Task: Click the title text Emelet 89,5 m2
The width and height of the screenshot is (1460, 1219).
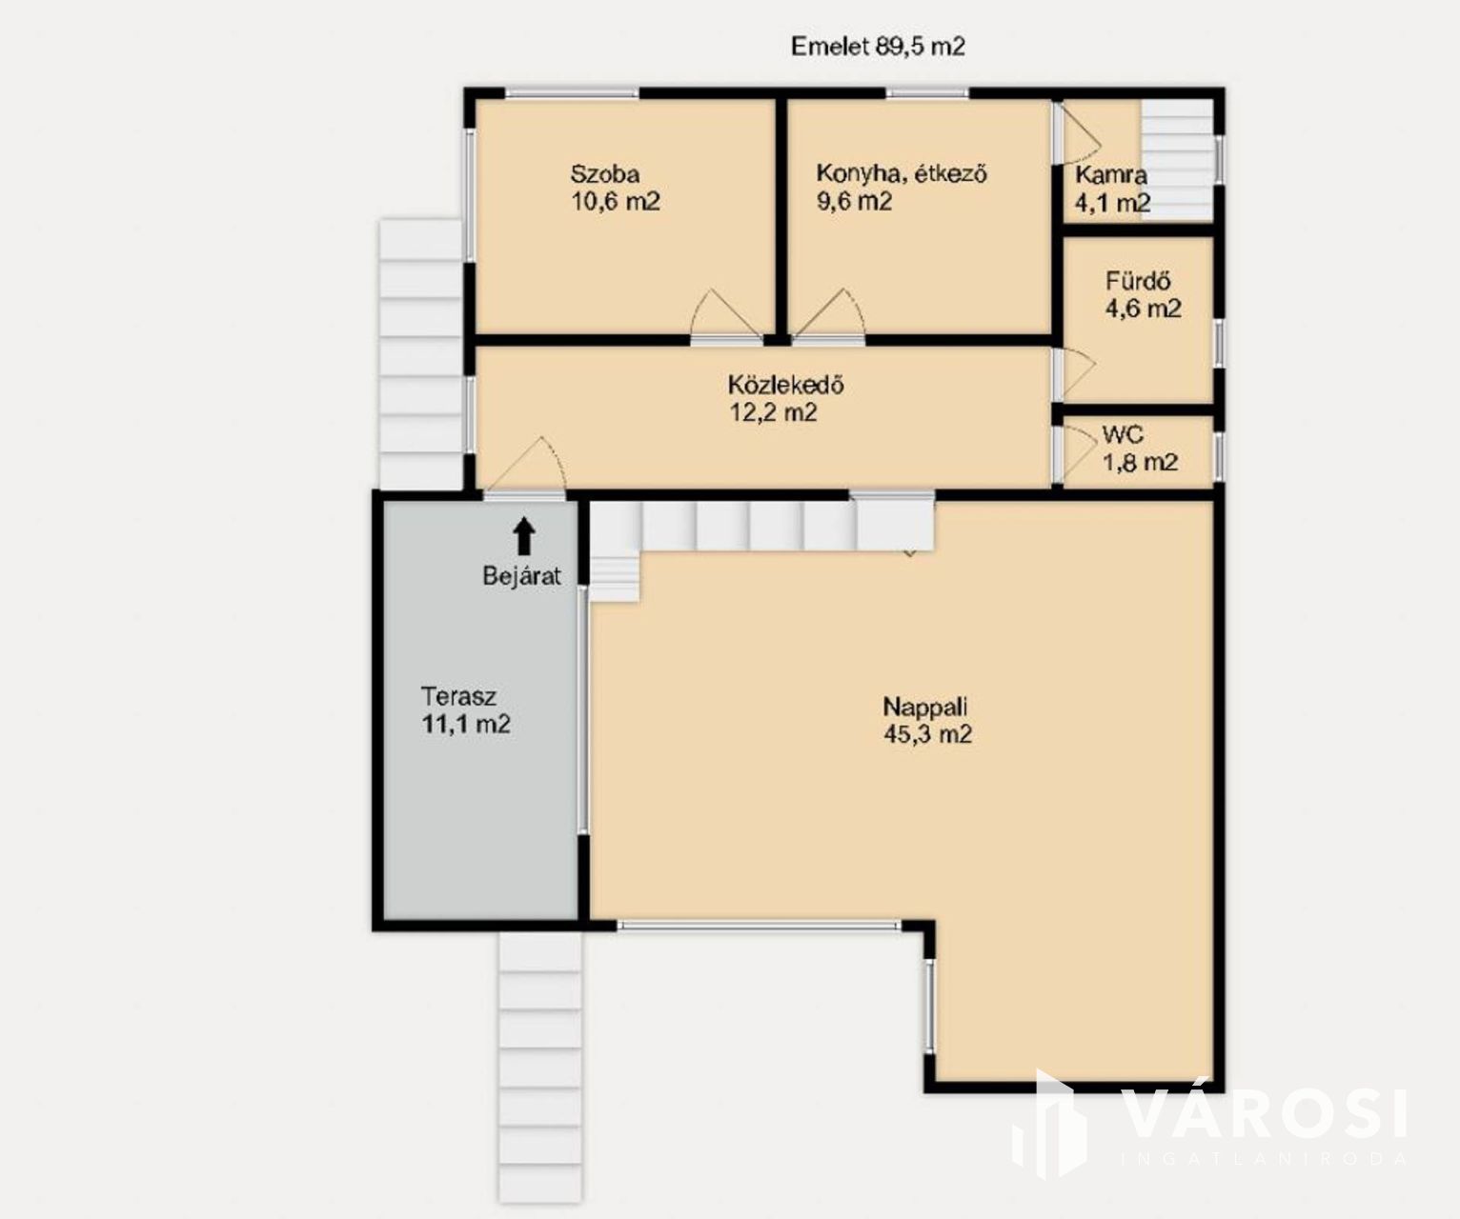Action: (878, 47)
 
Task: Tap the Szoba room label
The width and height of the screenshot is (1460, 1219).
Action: (605, 173)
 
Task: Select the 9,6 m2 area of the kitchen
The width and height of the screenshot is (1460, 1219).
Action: (855, 201)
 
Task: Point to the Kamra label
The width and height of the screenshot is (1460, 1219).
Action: (1111, 174)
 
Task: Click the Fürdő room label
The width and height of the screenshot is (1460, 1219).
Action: (1138, 281)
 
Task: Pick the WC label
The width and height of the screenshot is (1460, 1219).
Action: (1123, 435)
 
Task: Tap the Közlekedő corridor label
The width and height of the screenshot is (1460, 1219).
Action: (785, 385)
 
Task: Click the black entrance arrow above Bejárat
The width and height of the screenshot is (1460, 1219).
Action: (524, 537)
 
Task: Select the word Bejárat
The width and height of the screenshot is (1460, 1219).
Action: (521, 576)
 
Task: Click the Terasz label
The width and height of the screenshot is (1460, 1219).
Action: (458, 696)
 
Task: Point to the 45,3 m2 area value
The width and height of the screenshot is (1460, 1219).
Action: (927, 734)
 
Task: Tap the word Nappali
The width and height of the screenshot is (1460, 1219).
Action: (925, 707)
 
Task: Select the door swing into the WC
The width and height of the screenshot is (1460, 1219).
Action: (1078, 453)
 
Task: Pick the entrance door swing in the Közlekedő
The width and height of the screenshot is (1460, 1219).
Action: (526, 465)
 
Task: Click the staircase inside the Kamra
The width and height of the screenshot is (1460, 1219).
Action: (1178, 159)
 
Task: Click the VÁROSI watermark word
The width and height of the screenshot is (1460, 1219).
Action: (1265, 1114)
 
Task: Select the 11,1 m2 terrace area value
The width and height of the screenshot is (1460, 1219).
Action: (466, 724)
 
